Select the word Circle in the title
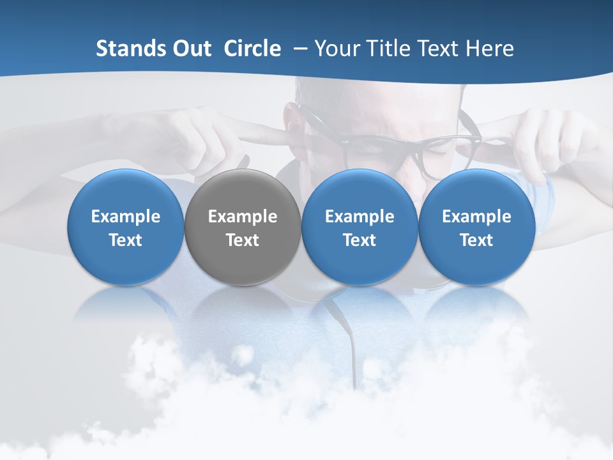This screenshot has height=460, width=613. (252, 49)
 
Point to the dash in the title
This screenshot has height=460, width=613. (298, 49)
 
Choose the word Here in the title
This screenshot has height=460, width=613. (489, 49)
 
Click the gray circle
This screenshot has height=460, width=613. (243, 227)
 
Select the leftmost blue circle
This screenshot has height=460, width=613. (126, 227)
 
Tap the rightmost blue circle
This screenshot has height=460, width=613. (476, 227)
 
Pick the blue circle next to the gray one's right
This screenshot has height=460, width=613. (359, 227)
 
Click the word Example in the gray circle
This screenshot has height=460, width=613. (243, 217)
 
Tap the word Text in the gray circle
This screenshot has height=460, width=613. (243, 240)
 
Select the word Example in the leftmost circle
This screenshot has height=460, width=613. (126, 217)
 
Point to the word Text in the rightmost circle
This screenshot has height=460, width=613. (476, 240)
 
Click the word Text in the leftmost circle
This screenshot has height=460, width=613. (126, 240)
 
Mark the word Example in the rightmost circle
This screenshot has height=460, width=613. (476, 217)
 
